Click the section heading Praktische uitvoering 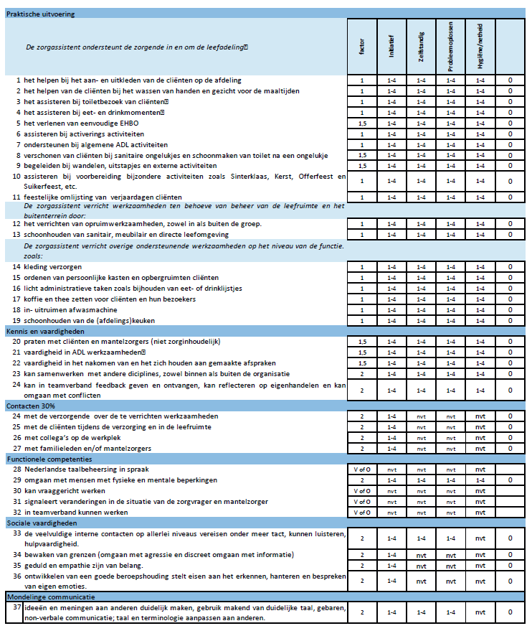(x=40, y=14)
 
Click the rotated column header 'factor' (x=362, y=47)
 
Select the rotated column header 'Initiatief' (x=391, y=47)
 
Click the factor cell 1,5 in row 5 (x=362, y=123)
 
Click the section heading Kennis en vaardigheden (x=46, y=332)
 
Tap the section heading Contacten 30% (x=31, y=406)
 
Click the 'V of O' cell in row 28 (x=362, y=469)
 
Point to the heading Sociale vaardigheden (x=41, y=523)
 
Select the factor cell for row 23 (x=362, y=374)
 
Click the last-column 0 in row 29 (x=510, y=480)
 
